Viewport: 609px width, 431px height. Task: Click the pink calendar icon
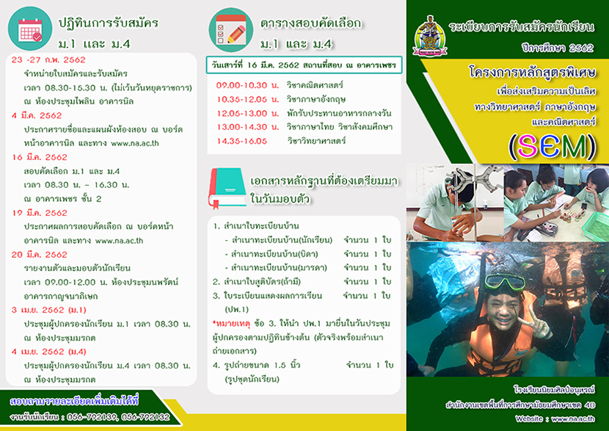tap(30, 29)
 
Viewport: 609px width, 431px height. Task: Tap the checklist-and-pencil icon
tap(230, 29)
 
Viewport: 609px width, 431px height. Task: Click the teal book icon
tap(227, 189)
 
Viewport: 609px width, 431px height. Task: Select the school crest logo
tap(429, 36)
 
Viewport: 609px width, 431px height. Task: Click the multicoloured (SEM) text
tap(552, 148)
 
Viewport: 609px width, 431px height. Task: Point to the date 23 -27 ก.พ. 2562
tap(48, 60)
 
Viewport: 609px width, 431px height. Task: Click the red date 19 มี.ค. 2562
tap(39, 213)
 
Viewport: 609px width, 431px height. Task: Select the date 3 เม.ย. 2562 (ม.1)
tap(49, 310)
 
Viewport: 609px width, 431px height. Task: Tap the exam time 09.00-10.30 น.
tap(247, 85)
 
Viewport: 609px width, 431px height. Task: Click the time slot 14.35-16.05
tap(241, 141)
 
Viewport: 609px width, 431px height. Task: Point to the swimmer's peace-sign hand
tap(536, 325)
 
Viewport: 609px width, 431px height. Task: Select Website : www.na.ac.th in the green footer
tap(555, 419)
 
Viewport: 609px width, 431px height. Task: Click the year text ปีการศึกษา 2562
tap(558, 48)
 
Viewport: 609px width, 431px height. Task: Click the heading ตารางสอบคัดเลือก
tap(310, 23)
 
